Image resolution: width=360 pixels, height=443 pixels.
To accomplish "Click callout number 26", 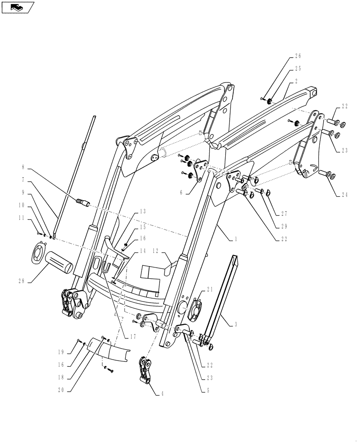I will coord(297,56).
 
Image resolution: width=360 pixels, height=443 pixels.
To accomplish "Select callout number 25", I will coord(297,70).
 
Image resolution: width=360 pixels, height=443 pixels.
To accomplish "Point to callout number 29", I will coord(285,226).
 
